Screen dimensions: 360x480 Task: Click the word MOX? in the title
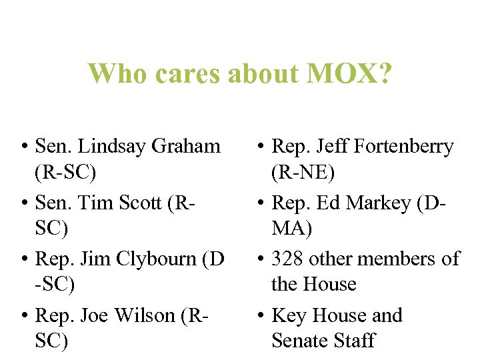350,74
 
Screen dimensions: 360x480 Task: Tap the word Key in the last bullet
289,315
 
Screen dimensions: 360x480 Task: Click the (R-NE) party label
303,173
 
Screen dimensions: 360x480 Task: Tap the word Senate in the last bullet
302,341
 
